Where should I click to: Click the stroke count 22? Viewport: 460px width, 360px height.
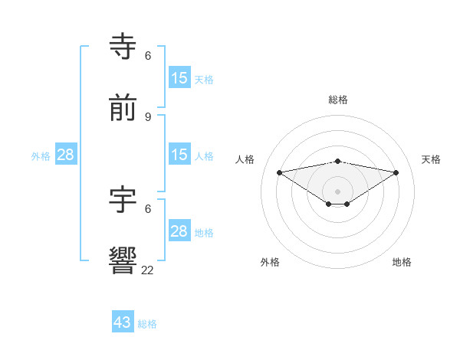pos(148,270)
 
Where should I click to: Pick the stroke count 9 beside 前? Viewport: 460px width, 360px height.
pos(148,116)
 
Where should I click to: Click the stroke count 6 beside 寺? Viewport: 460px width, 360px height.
pos(148,56)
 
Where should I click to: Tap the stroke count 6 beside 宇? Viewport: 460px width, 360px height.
pos(148,208)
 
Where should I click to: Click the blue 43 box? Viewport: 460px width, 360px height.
pos(123,322)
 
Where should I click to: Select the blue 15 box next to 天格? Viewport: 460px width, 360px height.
pos(179,78)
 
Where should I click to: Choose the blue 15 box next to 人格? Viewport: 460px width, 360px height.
pos(179,155)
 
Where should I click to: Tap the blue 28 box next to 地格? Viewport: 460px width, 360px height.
pos(179,231)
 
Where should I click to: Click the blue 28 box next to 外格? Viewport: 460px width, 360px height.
pos(66,155)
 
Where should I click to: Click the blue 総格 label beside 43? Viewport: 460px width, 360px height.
pos(147,324)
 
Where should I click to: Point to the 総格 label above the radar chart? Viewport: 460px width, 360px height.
pos(338,100)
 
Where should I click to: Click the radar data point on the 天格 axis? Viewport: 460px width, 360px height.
pos(396,172)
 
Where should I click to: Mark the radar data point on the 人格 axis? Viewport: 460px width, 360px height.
pos(280,172)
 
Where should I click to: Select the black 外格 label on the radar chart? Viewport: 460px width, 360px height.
pos(270,262)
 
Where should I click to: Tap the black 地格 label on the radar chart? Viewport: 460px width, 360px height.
pos(402,262)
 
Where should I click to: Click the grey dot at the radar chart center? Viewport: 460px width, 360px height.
pos(338,191)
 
